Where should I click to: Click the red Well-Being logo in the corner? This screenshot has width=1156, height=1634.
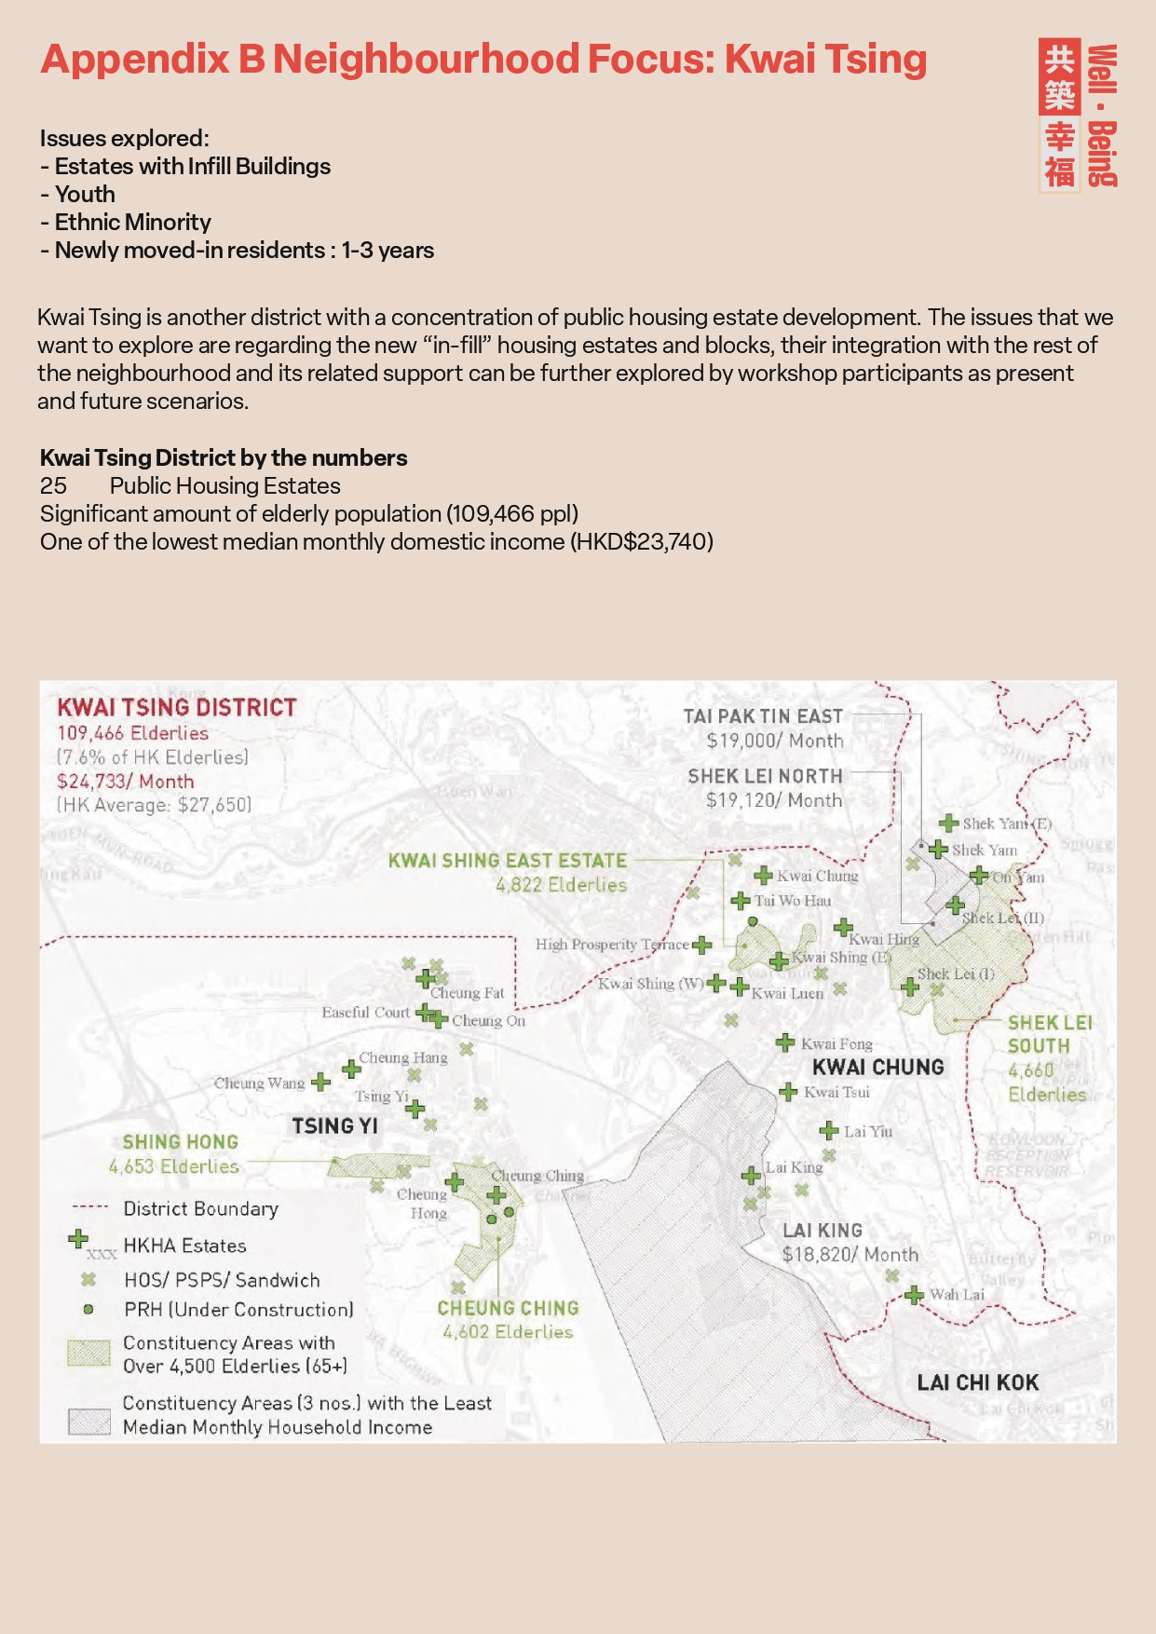pos(1079,115)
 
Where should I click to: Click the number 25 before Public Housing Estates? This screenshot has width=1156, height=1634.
pos(53,485)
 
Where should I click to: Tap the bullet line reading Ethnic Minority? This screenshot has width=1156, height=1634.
pos(126,222)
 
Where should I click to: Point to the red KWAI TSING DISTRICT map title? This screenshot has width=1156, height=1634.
pos(177,707)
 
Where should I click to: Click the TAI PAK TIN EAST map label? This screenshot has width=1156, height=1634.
pos(763,716)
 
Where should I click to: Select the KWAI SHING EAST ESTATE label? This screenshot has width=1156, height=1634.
pos(508,861)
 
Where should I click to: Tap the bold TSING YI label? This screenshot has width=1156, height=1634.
pos(335,1125)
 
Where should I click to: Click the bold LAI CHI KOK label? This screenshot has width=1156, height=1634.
pos(977,1382)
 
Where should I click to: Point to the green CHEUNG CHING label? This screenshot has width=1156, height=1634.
pos(508,1308)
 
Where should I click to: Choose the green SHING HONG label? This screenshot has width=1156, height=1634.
pos(181,1142)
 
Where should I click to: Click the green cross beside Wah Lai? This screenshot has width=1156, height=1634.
pos(914,1295)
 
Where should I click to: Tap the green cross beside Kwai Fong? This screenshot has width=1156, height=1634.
pos(785,1042)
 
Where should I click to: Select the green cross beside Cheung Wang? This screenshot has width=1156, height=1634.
pos(320,1082)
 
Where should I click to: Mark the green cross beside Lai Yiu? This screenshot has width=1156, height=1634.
pos(828,1131)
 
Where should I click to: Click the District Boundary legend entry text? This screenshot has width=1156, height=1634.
pos(200,1208)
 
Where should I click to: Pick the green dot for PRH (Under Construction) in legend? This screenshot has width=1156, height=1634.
pos(88,1309)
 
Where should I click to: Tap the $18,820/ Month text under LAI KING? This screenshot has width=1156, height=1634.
pos(850,1255)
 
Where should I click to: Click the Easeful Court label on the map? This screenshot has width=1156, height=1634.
pos(365,1012)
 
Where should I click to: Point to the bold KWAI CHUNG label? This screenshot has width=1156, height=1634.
pos(877,1067)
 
